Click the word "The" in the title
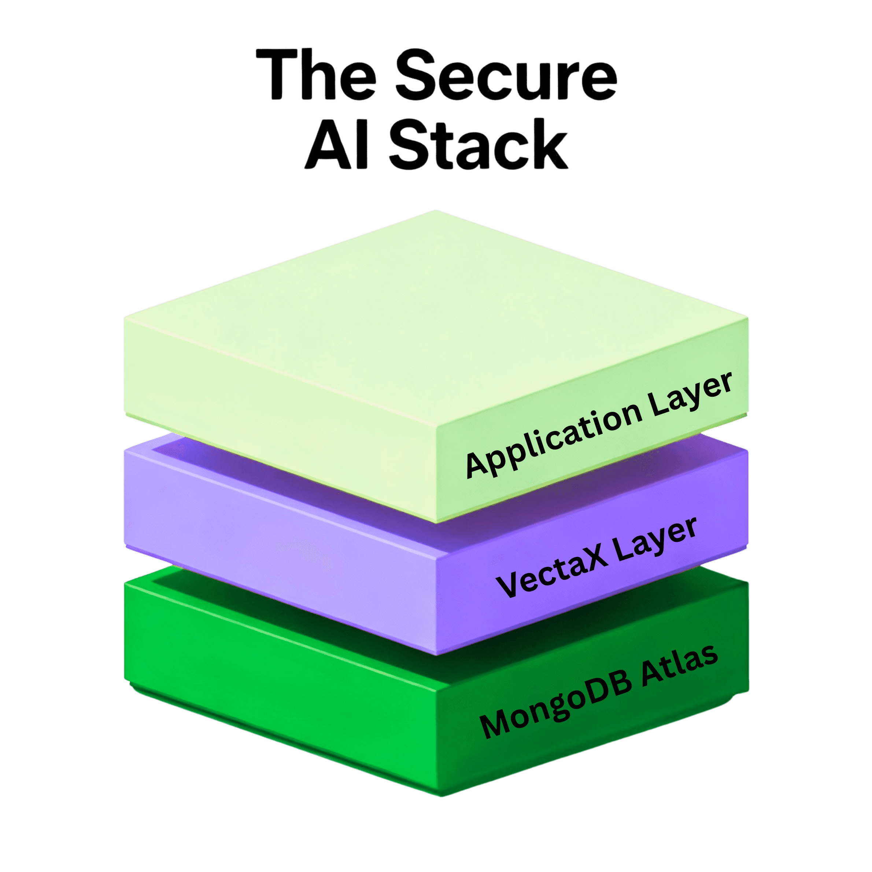pyautogui.click(x=316, y=74)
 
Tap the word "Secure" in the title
pyautogui.click(x=506, y=74)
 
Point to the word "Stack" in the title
pyautogui.click(x=479, y=144)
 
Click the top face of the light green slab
pyautogui.click(x=433, y=316)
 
